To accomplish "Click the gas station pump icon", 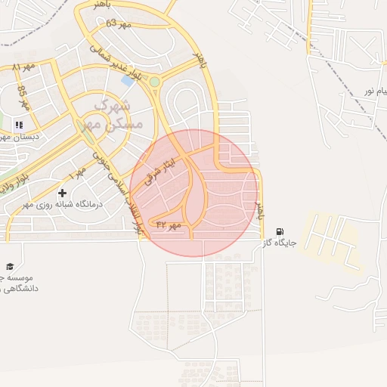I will tap(280, 231).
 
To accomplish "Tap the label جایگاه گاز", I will tap(277, 243).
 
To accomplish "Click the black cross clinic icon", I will tap(62, 193).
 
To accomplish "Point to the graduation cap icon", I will tap(10, 266).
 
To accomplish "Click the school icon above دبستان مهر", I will tap(19, 125).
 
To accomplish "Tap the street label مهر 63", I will tap(119, 24).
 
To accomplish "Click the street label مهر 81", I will tap(24, 67).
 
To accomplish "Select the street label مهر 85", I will tap(22, 96).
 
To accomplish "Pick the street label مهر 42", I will tap(168, 224).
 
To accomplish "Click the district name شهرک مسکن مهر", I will tap(107, 114).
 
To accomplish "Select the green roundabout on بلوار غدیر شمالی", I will tap(155, 82).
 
